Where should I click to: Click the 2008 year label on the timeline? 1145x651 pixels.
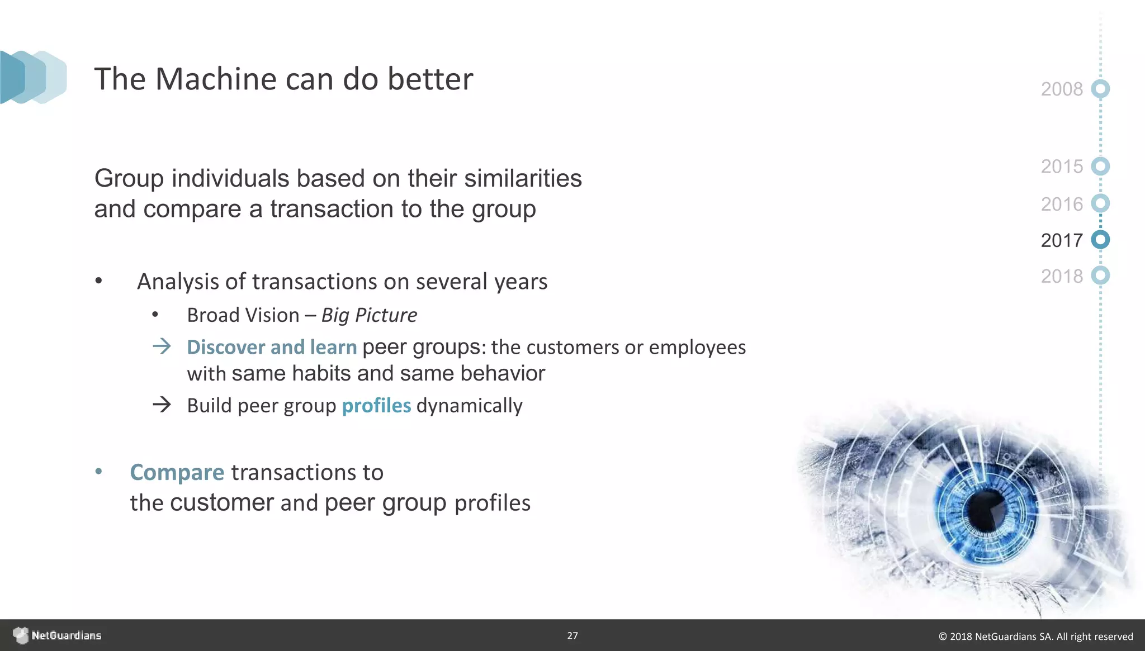coord(1061,89)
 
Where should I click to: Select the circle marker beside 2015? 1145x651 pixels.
coord(1100,166)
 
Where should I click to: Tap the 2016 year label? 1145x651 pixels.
coord(1061,205)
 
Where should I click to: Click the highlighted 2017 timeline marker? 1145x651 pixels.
coord(1100,240)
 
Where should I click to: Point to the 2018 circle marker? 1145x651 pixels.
coord(1100,275)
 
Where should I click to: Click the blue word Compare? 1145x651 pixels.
coord(177,473)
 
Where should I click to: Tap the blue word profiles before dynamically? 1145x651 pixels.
coord(376,406)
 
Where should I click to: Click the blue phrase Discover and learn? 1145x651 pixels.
coord(272,347)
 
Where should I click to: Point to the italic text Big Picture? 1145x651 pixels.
coord(369,315)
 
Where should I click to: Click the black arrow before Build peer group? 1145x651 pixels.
coord(162,405)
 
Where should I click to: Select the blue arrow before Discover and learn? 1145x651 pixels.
coord(162,346)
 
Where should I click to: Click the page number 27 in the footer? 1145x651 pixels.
coord(572,635)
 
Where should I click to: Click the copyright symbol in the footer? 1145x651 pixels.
coord(943,636)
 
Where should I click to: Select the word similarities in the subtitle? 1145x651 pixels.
coord(523,179)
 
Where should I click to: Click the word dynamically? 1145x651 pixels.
coord(469,406)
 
